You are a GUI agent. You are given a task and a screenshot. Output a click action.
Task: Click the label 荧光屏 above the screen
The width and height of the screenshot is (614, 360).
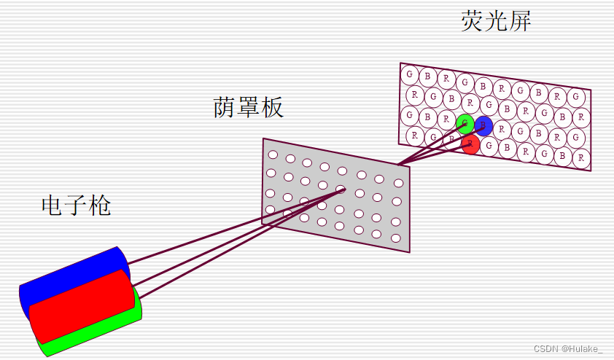click(496, 21)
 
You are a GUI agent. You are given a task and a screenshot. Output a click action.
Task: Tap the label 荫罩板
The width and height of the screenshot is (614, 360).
click(248, 108)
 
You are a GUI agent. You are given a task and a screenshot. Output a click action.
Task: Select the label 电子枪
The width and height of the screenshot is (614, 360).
click(77, 206)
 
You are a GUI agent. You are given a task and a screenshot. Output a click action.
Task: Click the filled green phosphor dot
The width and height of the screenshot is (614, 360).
click(465, 123)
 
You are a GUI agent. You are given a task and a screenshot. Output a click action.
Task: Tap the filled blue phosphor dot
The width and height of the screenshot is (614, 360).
click(483, 126)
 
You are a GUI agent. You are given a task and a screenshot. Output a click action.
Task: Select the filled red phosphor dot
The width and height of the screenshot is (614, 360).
click(471, 144)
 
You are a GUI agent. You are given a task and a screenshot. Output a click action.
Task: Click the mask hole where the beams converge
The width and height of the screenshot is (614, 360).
click(341, 189)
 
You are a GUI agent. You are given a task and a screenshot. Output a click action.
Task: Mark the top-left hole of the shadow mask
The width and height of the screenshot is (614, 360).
click(273, 154)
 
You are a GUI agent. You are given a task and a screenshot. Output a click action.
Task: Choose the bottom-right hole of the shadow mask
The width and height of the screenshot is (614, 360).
click(396, 238)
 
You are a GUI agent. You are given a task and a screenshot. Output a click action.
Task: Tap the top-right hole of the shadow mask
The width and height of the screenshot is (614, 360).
click(398, 182)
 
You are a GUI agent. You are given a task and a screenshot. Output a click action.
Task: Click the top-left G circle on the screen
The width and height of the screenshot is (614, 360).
click(410, 74)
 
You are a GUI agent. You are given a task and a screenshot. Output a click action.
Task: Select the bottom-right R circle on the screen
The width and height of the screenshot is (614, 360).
click(581, 157)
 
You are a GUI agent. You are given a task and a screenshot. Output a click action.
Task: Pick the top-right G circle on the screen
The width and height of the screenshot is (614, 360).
click(576, 97)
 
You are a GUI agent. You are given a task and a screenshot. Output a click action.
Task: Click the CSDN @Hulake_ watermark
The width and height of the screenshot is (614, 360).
click(568, 349)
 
